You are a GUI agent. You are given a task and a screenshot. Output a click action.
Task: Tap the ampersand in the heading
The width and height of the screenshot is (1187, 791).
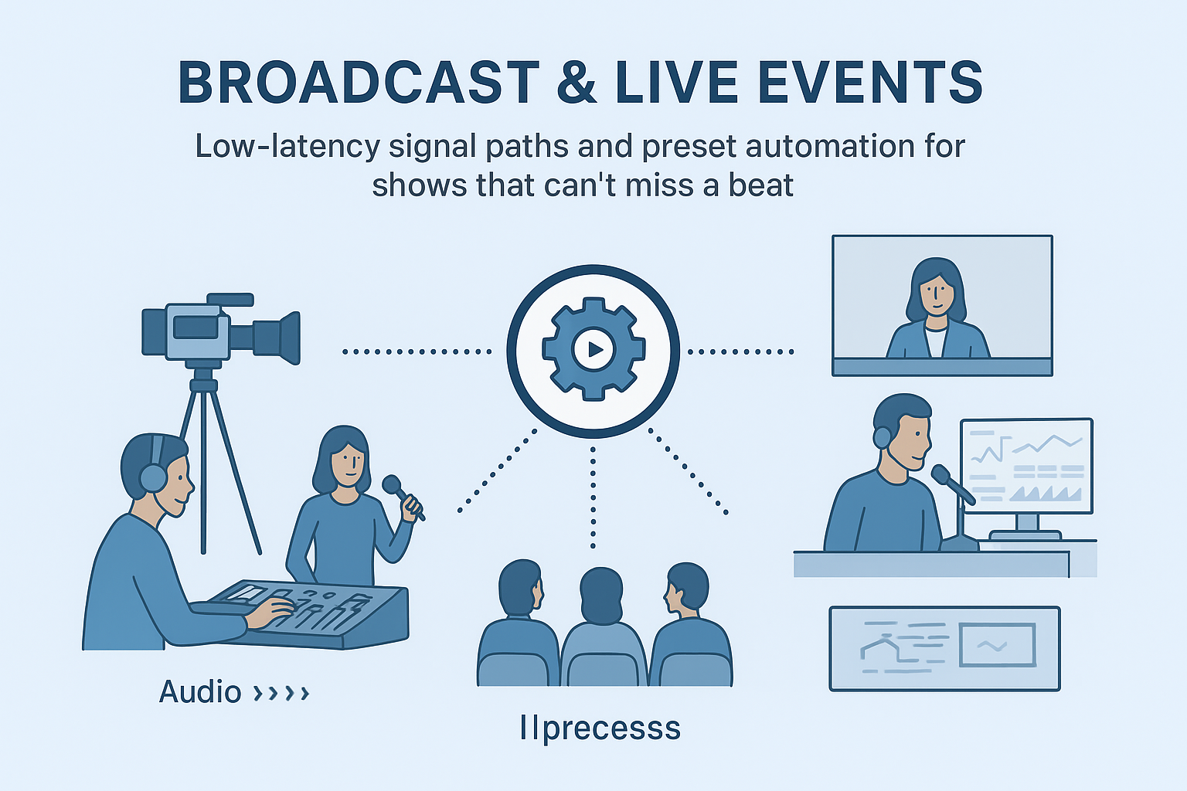[576, 83]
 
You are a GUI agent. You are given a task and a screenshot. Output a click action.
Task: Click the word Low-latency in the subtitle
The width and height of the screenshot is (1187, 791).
[287, 147]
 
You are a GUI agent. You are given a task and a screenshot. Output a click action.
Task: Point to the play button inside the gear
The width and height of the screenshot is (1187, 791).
[593, 350]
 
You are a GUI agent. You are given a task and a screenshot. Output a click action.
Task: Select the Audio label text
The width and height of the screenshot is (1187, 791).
[200, 692]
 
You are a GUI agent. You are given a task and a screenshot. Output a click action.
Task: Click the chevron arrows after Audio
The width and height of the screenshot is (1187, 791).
[282, 693]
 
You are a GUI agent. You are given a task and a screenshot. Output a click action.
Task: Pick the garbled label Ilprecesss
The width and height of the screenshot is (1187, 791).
[600, 728]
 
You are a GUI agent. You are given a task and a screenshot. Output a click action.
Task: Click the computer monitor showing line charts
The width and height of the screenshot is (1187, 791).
[1026, 466]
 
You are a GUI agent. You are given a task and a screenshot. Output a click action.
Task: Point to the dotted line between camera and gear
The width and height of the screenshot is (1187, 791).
[417, 351]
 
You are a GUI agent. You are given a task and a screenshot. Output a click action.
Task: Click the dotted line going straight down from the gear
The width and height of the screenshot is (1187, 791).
[593, 494]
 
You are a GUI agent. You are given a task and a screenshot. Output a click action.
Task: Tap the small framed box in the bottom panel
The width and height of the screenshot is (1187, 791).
[997, 646]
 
